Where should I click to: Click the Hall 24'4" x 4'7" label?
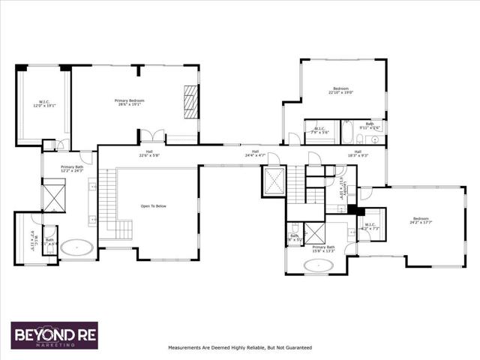click(x=255, y=154)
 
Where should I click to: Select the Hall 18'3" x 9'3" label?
click(x=358, y=154)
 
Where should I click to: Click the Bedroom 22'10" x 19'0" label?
click(x=340, y=91)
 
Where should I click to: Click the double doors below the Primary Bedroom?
click(x=152, y=136)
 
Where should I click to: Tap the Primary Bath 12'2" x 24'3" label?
click(x=72, y=169)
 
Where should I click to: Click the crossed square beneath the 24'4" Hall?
click(x=273, y=181)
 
